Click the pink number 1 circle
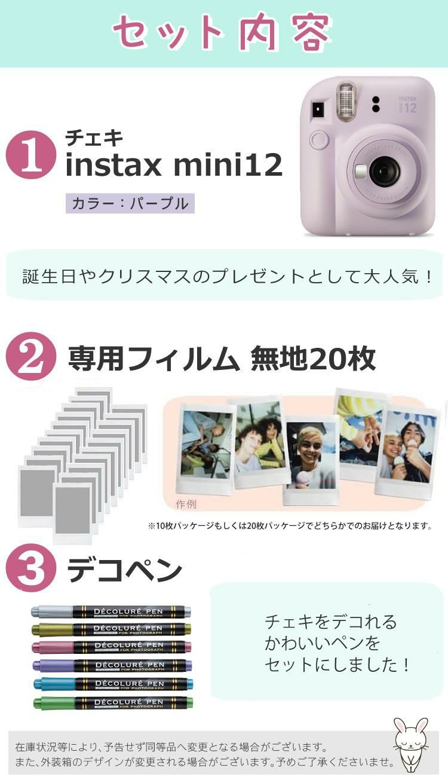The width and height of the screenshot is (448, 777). click(30, 155)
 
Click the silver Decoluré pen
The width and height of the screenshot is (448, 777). click(111, 611)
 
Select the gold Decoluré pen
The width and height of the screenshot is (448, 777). click(111, 629)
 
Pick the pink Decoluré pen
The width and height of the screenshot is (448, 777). click(111, 647)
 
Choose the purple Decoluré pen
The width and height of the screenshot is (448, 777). click(111, 665)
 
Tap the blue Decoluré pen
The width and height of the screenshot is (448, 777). click(111, 684)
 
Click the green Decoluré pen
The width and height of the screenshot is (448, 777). click(111, 702)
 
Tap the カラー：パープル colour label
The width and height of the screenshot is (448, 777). click(130, 203)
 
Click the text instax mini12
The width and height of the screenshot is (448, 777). click(173, 165)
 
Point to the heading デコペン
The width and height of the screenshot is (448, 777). click(124, 570)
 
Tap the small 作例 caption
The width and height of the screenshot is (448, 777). click(186, 503)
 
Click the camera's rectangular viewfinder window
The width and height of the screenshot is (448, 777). click(317, 110)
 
